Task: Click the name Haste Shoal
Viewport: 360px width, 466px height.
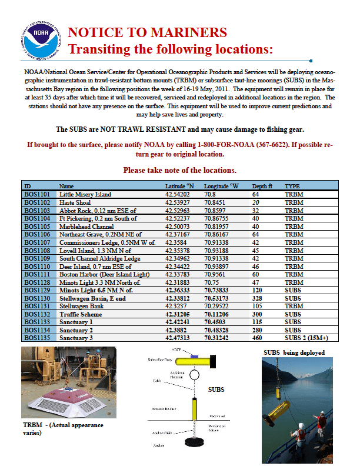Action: (76, 202)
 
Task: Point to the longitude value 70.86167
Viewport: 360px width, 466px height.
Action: (217, 234)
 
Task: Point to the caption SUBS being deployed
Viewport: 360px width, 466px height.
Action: (294, 352)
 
